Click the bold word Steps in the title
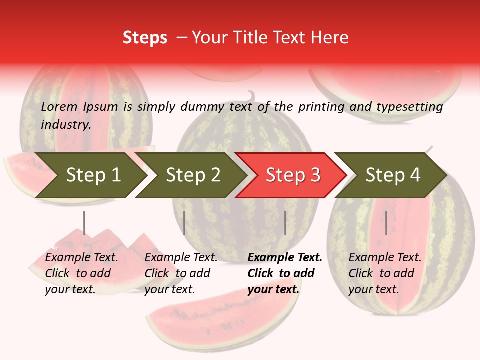tap(145, 38)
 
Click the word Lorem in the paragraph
tap(59, 107)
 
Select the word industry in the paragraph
tap(65, 124)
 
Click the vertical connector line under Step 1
tap(84, 223)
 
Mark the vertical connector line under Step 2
tap(184, 223)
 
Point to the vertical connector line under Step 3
tap(285, 223)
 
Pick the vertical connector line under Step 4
tap(386, 223)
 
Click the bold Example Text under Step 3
tap(285, 258)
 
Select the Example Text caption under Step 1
tap(81, 258)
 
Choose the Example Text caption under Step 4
tap(385, 258)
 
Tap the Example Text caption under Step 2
tap(181, 258)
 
